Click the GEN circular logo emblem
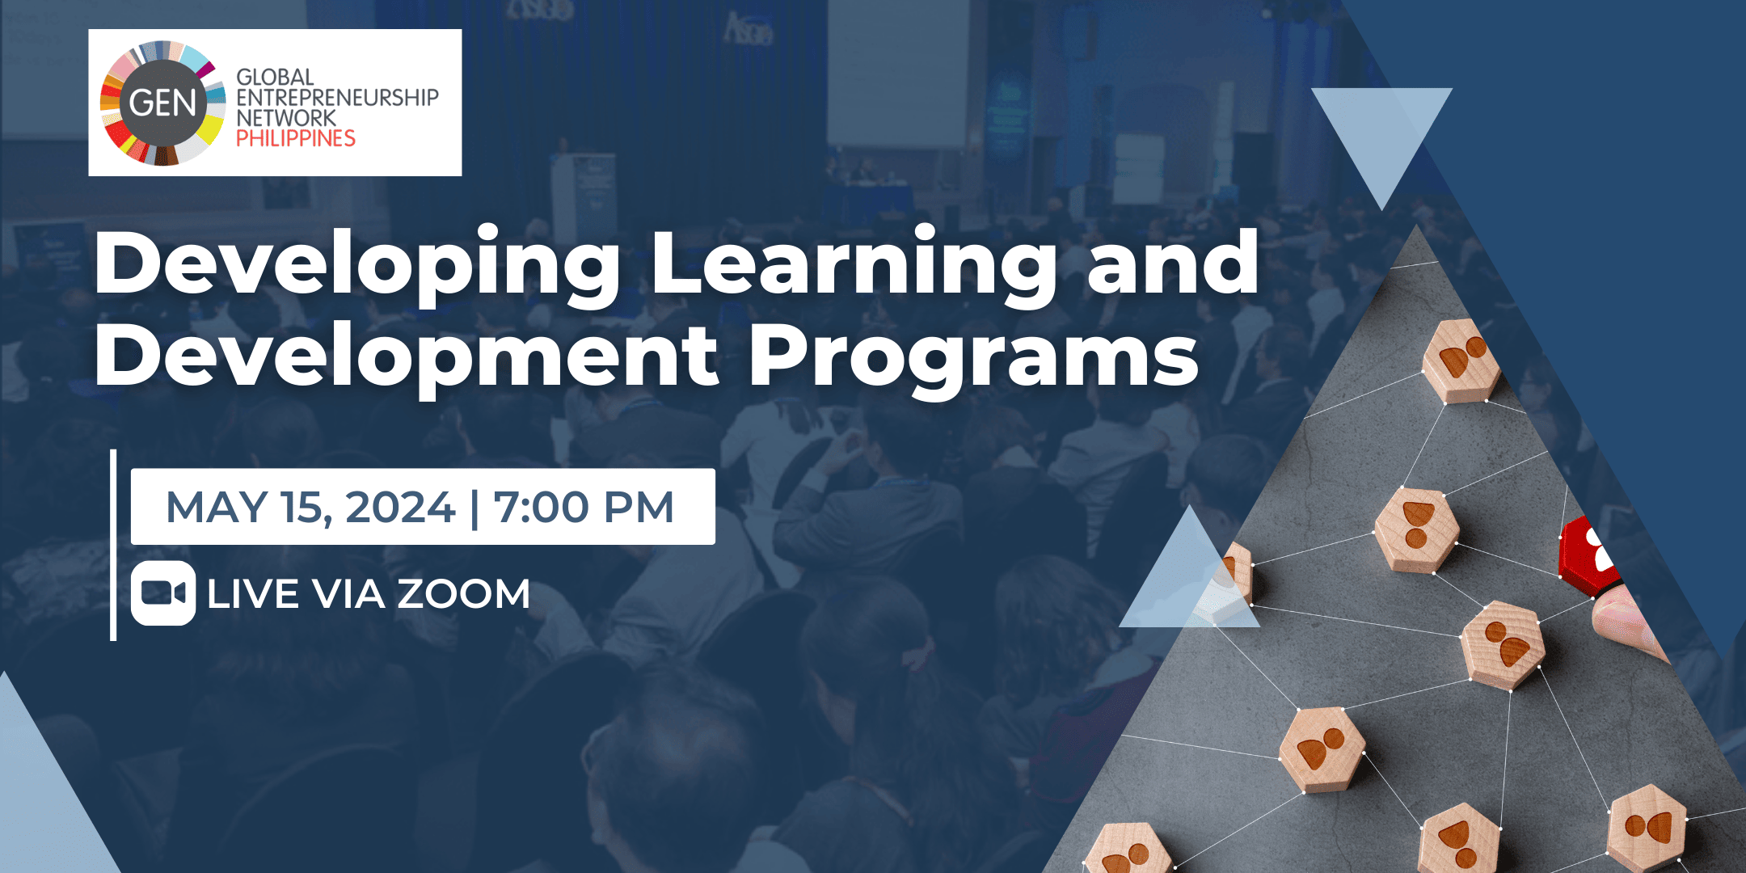pyautogui.click(x=163, y=103)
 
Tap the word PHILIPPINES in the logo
pyautogui.click(x=296, y=138)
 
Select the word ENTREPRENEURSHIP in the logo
pyautogui.click(x=337, y=97)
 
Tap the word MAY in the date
pyautogui.click(x=217, y=508)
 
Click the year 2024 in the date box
pyautogui.click(x=400, y=508)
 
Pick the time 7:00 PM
pyautogui.click(x=584, y=508)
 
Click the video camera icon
pyautogui.click(x=163, y=593)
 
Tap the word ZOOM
pyautogui.click(x=463, y=594)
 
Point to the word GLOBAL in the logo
pyautogui.click(x=275, y=77)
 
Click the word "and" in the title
pyautogui.click(x=1173, y=263)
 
